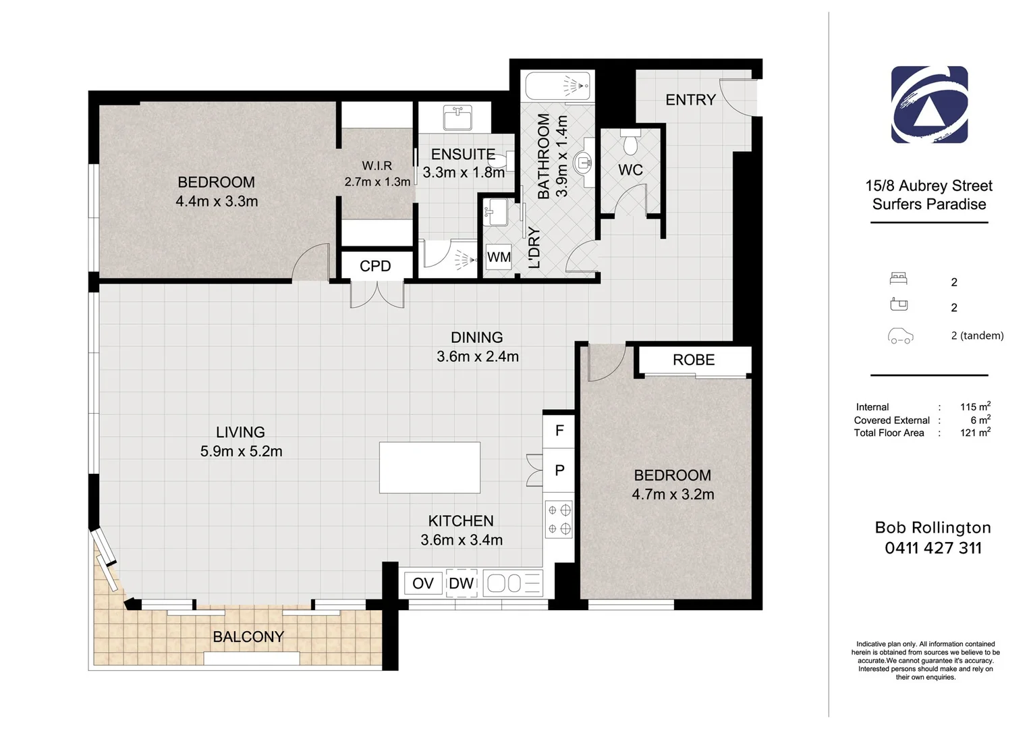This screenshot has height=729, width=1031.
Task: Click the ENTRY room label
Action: pyautogui.click(x=690, y=100)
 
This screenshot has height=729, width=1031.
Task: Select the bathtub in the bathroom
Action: pyautogui.click(x=558, y=86)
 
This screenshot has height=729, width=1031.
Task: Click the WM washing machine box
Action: pyautogui.click(x=499, y=257)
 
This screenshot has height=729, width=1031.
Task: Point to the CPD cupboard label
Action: pyautogui.click(x=375, y=266)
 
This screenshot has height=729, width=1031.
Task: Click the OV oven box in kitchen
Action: pyautogui.click(x=423, y=583)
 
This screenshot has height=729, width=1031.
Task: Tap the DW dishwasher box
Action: pyautogui.click(x=462, y=583)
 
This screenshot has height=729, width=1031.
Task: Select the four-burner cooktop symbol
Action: pyautogui.click(x=559, y=520)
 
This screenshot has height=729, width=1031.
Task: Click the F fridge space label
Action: pyautogui.click(x=559, y=430)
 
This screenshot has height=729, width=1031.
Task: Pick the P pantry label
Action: pyautogui.click(x=559, y=470)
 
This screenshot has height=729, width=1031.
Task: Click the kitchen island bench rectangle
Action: pyautogui.click(x=430, y=467)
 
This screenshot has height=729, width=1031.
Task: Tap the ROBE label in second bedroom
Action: pyautogui.click(x=694, y=360)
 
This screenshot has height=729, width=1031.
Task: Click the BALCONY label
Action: pyautogui.click(x=248, y=637)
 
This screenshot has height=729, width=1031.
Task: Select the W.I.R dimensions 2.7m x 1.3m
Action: pyautogui.click(x=377, y=182)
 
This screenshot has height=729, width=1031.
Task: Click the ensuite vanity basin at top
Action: pyautogui.click(x=458, y=118)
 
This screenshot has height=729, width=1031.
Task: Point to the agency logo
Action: pyautogui.click(x=929, y=105)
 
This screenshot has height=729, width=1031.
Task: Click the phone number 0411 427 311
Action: pyautogui.click(x=932, y=548)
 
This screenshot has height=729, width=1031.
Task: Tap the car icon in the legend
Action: pyautogui.click(x=900, y=335)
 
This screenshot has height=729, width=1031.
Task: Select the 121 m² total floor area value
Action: pyautogui.click(x=974, y=433)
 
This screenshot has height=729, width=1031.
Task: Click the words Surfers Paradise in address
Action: pyautogui.click(x=928, y=204)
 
